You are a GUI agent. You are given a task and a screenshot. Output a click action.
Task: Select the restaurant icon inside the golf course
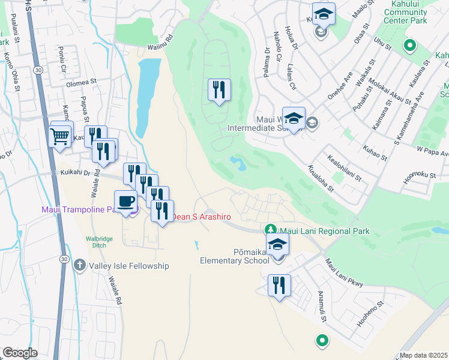219,91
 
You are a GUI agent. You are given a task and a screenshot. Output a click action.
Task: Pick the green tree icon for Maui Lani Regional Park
271,230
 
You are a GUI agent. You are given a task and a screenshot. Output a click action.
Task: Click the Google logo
20,352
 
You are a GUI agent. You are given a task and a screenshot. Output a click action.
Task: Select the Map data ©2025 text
423,355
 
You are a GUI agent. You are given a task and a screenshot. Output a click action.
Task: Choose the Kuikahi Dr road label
75,172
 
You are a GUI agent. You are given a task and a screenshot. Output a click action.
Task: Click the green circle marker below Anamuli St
322,341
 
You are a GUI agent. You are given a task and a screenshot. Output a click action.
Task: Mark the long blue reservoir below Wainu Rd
145,96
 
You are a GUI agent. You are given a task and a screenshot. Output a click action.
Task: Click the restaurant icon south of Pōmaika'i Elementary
279,286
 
